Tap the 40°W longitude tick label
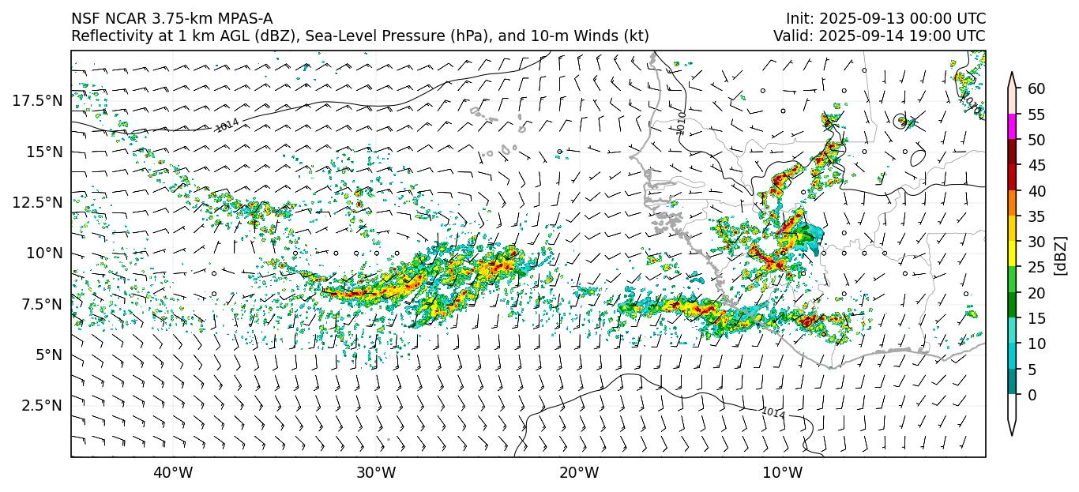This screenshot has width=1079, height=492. [x=172, y=473]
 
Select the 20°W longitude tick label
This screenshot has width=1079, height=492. [x=579, y=473]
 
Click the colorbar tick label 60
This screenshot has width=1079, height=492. [x=1036, y=89]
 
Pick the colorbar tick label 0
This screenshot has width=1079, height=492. [x=1032, y=395]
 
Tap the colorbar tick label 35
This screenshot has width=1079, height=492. [x=1036, y=216]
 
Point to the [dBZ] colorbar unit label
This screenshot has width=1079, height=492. [x=1061, y=255]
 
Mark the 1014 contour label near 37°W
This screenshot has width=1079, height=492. [x=227, y=125]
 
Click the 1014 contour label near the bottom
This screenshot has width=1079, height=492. [x=773, y=412]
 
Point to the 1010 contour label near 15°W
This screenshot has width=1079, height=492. [x=682, y=122]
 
